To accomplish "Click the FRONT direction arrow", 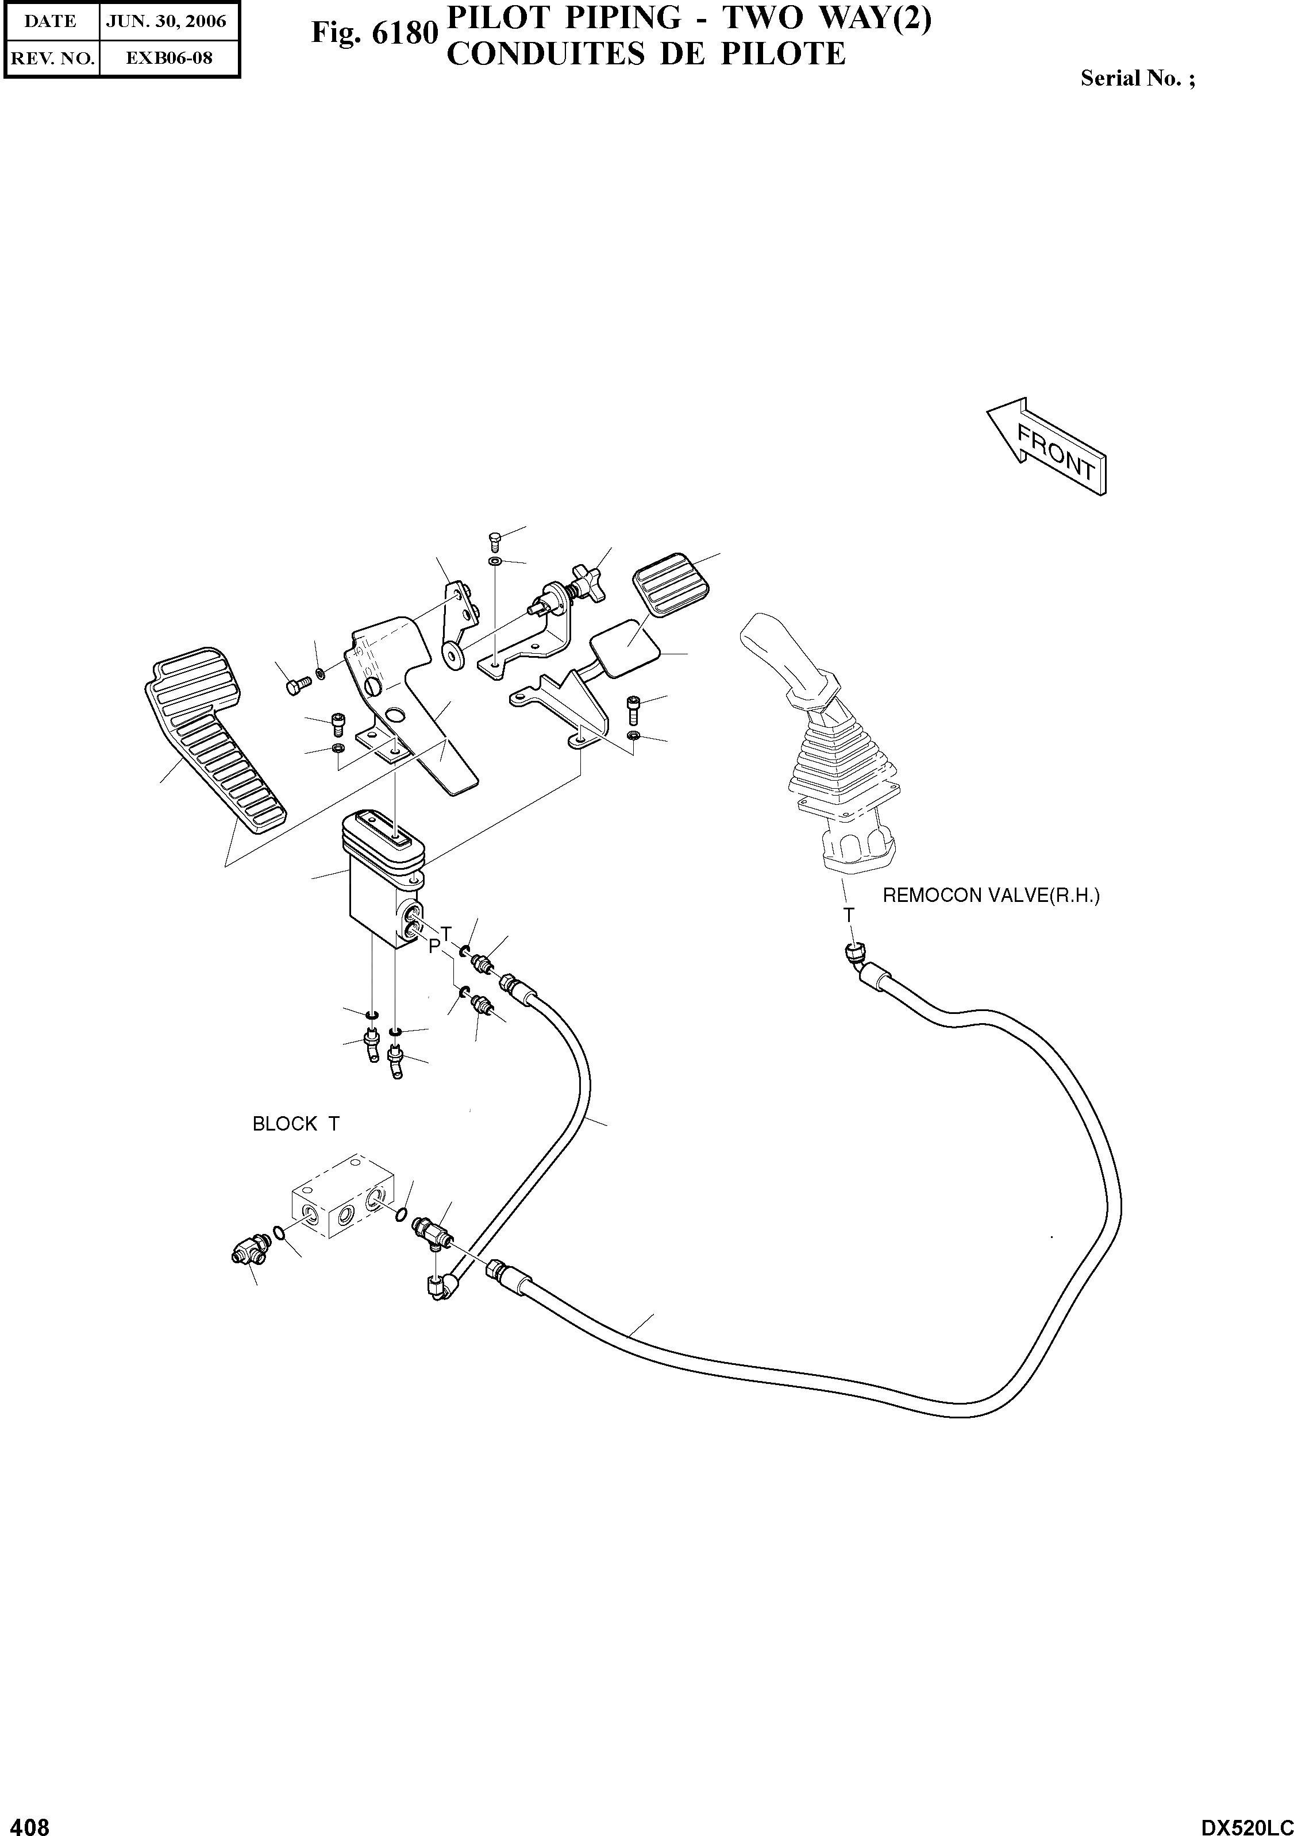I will pos(1047,448).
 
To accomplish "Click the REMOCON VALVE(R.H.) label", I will pos(991,896).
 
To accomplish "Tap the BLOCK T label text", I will pos(295,1124).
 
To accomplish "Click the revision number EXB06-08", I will pos(170,57).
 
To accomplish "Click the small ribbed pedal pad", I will pos(670,585).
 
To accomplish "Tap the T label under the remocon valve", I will pos(849,915).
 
